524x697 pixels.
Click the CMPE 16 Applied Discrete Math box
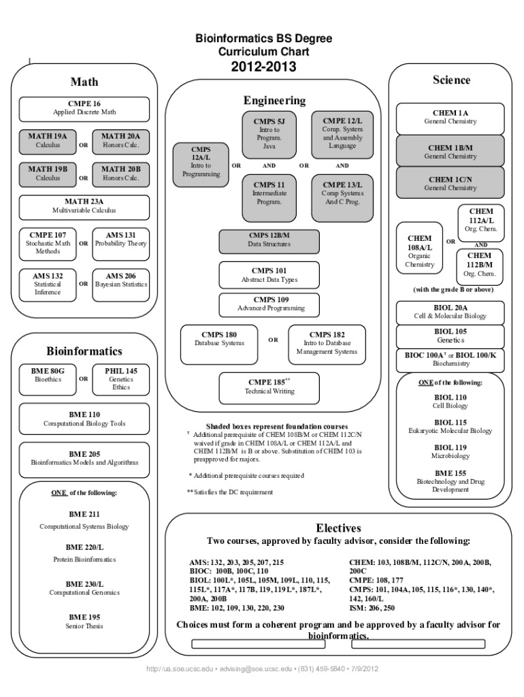coord(85,108)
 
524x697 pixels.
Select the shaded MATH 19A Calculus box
coord(48,140)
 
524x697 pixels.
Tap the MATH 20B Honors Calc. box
coord(121,174)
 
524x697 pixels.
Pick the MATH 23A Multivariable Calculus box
coord(85,206)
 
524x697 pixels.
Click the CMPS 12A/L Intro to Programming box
coord(201,161)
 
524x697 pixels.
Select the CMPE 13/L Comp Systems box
coord(342,193)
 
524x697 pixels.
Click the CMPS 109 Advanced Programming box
coord(271,304)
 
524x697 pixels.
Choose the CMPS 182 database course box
coord(327,343)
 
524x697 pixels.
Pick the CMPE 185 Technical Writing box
coord(269,387)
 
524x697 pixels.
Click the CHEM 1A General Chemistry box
coord(451,117)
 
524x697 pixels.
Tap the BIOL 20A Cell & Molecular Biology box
coord(451,312)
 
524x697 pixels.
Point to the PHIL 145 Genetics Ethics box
coord(121,379)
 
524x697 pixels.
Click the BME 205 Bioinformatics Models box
coord(85,458)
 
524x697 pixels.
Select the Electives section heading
coord(338,528)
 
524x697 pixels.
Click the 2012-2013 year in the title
coord(263,67)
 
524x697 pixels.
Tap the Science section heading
coord(451,80)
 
